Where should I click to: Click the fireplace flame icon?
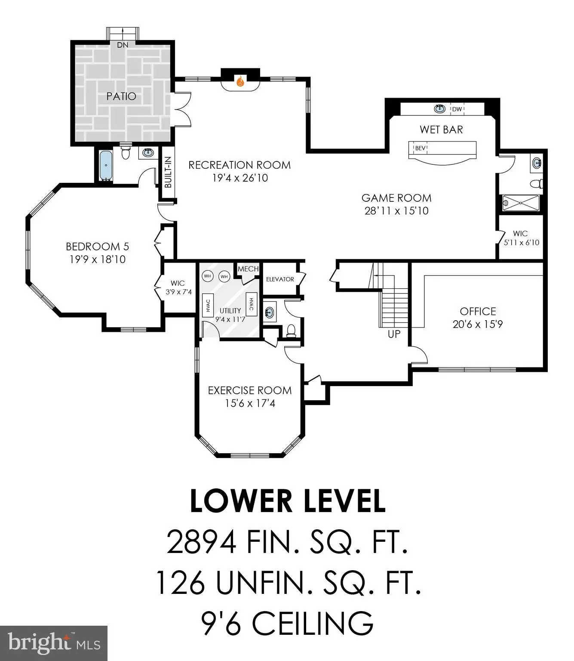tap(240, 81)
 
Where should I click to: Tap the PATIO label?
tap(121, 96)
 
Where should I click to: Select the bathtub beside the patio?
tap(106, 165)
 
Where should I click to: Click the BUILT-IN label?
tap(168, 172)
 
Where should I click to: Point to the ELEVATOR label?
tap(280, 279)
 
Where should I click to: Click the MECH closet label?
tap(248, 269)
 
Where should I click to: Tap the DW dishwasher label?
tap(457, 109)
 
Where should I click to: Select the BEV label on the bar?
tap(420, 148)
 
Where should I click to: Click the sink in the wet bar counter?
tap(439, 109)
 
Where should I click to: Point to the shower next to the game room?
tap(521, 203)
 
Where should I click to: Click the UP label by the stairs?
tap(394, 334)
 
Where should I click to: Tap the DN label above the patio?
tap(123, 45)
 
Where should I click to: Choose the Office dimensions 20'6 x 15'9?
tap(478, 324)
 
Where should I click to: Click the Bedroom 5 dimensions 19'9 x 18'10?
tap(98, 259)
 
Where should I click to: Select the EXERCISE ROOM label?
tap(250, 390)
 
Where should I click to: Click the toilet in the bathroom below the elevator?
tap(291, 330)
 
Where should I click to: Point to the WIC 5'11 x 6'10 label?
tap(522, 238)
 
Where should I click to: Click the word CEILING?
tap(313, 624)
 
